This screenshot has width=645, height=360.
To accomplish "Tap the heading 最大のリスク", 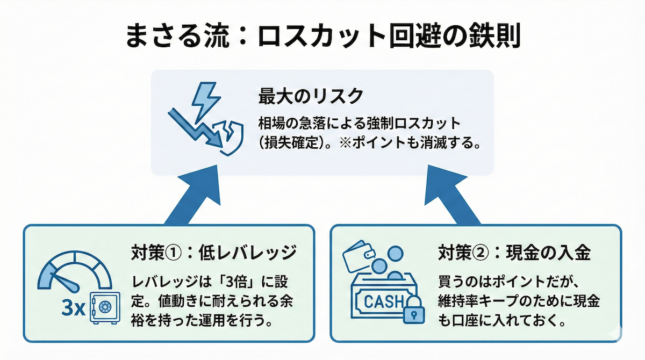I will click(x=311, y=97).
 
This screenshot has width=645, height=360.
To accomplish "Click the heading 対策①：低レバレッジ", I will click(x=213, y=252).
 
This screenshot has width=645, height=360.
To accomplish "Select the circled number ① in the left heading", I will click(x=175, y=252).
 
